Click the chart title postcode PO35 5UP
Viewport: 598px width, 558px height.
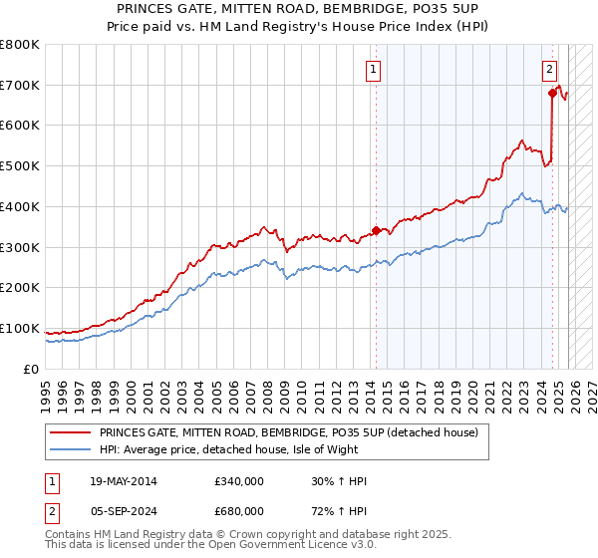(447, 8)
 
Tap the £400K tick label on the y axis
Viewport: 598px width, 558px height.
(20, 206)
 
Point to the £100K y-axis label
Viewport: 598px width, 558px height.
(20, 328)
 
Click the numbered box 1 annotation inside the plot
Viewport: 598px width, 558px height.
(373, 69)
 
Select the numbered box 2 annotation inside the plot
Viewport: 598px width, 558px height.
(549, 69)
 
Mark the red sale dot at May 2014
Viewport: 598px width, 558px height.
(376, 230)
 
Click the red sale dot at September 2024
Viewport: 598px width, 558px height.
(551, 94)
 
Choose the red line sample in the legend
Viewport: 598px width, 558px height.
(70, 432)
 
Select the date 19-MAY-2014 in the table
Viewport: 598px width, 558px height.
(125, 482)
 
